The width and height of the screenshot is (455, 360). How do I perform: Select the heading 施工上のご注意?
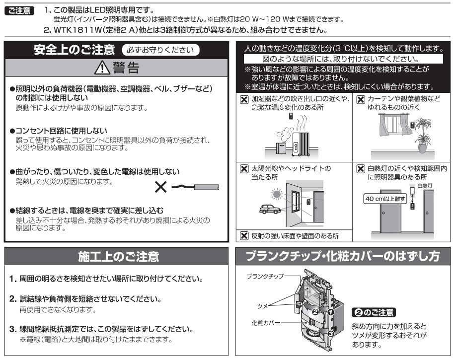(118, 257)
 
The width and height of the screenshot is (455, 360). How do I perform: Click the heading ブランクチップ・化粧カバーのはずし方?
(343, 257)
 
